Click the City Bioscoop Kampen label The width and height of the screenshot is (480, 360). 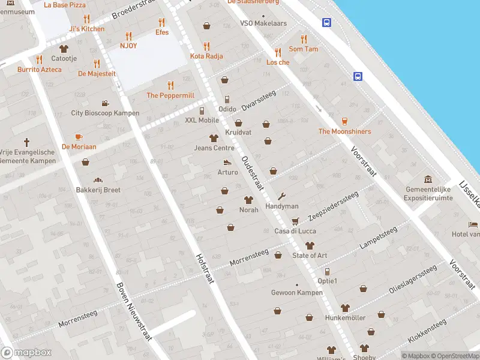pyautogui.click(x=105, y=113)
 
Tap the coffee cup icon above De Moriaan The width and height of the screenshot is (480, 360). pyautogui.click(x=79, y=137)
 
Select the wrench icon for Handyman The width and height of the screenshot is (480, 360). pyautogui.click(x=282, y=196)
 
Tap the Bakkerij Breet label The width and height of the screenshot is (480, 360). pyautogui.click(x=98, y=190)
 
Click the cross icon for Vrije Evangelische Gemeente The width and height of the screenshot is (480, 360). pyautogui.click(x=26, y=143)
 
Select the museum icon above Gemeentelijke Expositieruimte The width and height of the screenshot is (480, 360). pyautogui.click(x=428, y=179)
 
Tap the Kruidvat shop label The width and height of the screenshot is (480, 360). pyautogui.click(x=238, y=132)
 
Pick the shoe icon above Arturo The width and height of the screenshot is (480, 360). pyautogui.click(x=227, y=163)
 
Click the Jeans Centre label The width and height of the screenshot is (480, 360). pyautogui.click(x=214, y=148)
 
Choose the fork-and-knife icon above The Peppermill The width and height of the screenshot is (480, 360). pyautogui.click(x=170, y=85)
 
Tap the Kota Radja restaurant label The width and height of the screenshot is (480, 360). pyautogui.click(x=206, y=56)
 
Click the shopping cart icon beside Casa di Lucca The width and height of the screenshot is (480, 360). pyautogui.click(x=295, y=221)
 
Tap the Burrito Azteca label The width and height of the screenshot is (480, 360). pyautogui.click(x=40, y=70)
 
